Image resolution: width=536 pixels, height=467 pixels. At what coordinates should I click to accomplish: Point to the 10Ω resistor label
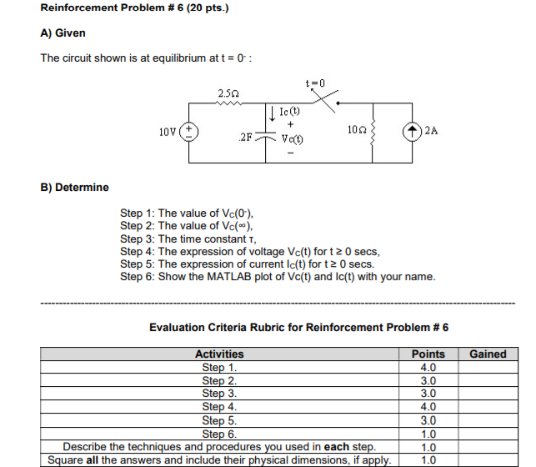[x=353, y=130]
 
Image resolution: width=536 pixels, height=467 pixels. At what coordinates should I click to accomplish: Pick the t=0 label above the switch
[x=316, y=83]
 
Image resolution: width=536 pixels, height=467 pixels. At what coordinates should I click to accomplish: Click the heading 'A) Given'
[x=63, y=33]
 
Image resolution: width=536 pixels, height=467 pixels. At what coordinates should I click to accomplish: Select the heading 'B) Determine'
[x=74, y=187]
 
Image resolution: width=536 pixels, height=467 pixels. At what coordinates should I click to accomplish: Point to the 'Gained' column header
[x=488, y=354]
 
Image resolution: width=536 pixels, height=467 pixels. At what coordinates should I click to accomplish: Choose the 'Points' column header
[x=428, y=354]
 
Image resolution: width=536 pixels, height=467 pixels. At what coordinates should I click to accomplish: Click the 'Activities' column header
[x=219, y=354]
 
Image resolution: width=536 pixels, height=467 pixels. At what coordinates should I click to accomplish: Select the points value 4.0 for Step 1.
[x=428, y=367]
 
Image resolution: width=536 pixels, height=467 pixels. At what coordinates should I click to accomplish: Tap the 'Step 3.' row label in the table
[x=219, y=394]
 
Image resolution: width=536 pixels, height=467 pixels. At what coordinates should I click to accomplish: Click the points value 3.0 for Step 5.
[x=428, y=420]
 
